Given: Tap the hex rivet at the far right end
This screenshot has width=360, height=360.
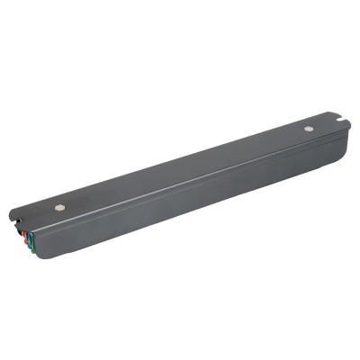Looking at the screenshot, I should (309, 129).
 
